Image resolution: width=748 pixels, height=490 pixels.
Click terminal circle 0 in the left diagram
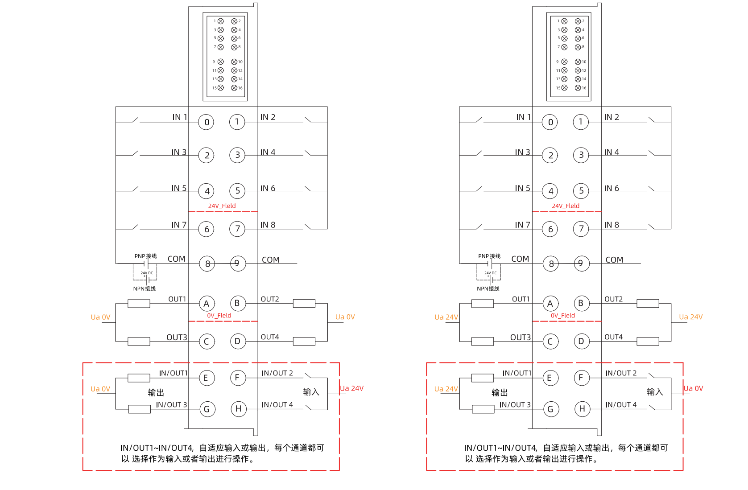(x=207, y=122)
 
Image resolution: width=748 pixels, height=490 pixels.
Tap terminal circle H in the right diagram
(x=582, y=409)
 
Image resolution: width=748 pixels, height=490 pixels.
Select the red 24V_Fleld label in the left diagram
(x=222, y=206)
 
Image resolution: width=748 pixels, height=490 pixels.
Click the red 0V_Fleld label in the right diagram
(x=562, y=316)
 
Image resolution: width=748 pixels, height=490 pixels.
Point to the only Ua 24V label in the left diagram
(x=351, y=388)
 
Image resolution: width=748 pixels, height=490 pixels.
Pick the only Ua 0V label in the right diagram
(x=693, y=388)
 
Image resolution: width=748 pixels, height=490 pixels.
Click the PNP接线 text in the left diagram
(x=145, y=256)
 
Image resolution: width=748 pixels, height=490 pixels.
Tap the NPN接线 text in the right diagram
(x=488, y=289)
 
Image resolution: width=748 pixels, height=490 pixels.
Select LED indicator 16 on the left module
(x=234, y=88)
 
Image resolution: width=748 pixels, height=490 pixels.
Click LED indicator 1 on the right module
(x=564, y=21)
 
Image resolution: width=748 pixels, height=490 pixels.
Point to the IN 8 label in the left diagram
(x=268, y=225)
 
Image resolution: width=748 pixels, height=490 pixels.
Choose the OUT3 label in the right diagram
(x=520, y=338)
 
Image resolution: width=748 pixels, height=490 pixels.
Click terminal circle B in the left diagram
(x=237, y=303)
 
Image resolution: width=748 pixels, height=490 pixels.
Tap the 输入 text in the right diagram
(x=655, y=392)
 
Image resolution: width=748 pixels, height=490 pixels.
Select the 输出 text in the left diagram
(x=156, y=392)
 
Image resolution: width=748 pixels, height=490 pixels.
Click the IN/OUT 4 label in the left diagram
(x=277, y=405)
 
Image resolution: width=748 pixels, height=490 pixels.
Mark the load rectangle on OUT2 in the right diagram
(x=648, y=304)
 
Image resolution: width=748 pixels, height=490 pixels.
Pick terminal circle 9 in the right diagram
(x=581, y=264)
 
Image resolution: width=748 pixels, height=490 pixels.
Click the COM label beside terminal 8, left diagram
(x=176, y=259)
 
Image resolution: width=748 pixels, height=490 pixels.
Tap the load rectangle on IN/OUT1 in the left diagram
(x=139, y=378)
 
